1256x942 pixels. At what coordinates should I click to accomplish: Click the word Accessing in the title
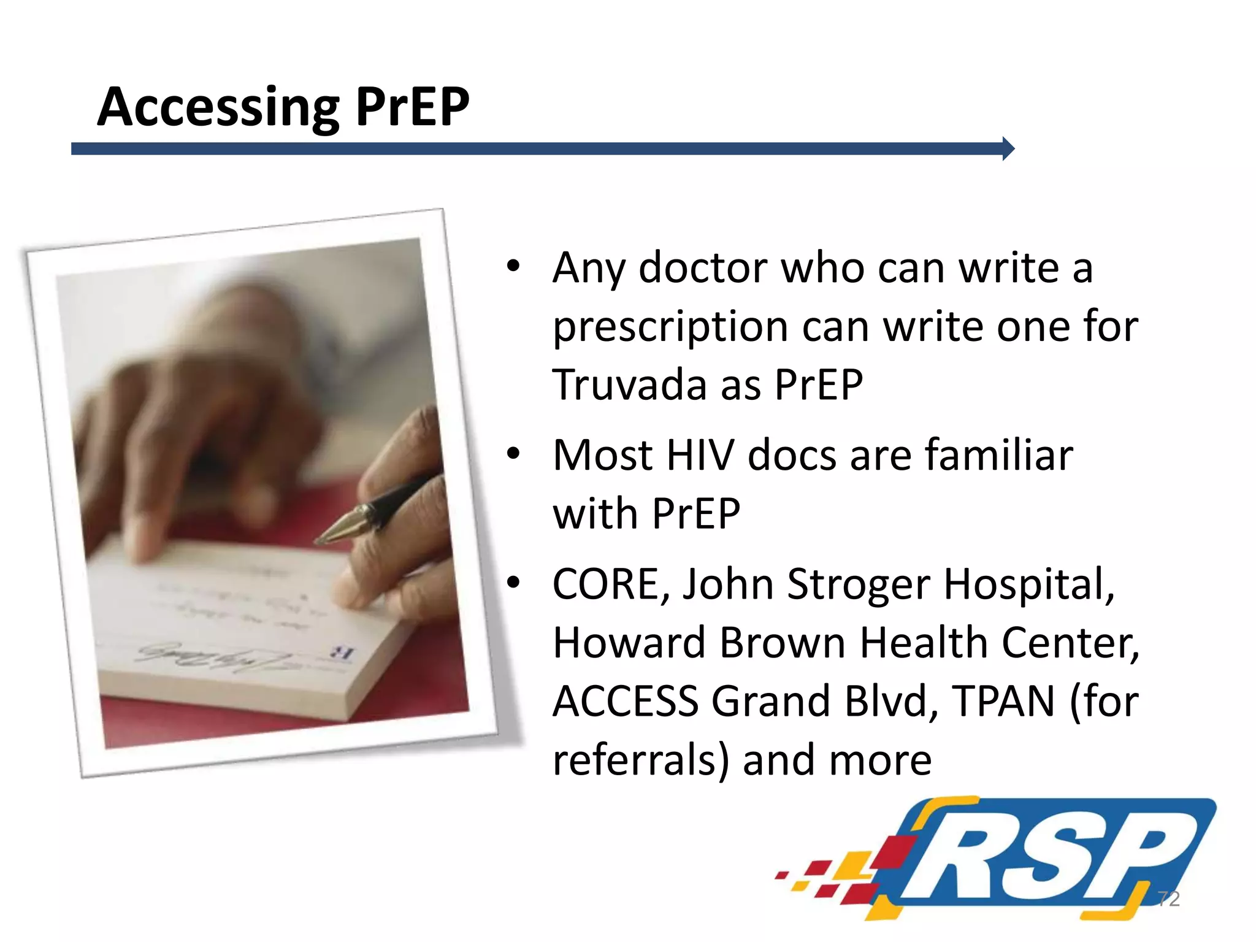(x=218, y=107)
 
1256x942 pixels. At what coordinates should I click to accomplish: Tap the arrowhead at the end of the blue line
(x=1008, y=148)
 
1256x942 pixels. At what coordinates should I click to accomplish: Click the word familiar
(x=999, y=455)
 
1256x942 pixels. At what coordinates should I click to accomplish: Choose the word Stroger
(x=859, y=585)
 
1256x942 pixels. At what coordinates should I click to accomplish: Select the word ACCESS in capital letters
(x=626, y=701)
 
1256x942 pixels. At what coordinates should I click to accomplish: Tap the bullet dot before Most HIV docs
(x=513, y=454)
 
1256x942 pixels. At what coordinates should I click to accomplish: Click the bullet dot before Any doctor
(x=513, y=266)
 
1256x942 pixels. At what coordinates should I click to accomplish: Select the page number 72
(x=1169, y=898)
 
